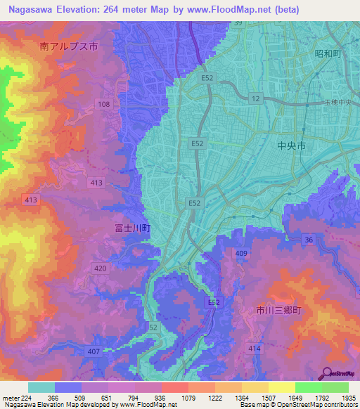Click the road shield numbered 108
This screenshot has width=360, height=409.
point(104,104)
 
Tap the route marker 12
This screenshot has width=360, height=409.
point(255,99)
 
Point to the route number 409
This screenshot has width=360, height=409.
point(241,253)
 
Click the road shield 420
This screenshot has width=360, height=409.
point(100,268)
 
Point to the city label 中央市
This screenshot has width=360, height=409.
point(290,147)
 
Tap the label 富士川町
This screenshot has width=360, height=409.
point(132,228)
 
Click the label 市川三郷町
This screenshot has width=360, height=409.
point(278,310)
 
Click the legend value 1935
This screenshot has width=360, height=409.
point(347,397)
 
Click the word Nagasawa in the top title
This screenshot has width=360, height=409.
point(32,9)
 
